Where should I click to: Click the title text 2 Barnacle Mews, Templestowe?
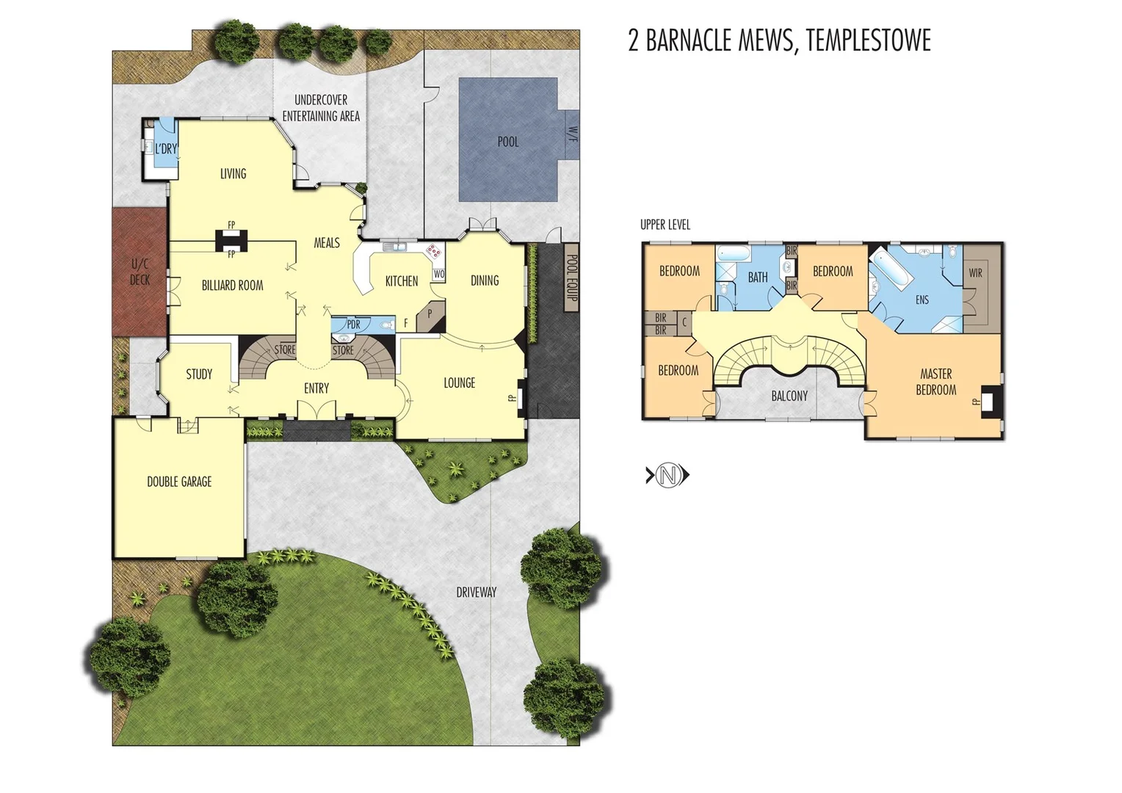pyautogui.click(x=779, y=40)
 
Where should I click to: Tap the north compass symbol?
pyautogui.click(x=667, y=476)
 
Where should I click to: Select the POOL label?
pyautogui.click(x=507, y=142)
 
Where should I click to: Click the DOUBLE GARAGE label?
pyautogui.click(x=179, y=482)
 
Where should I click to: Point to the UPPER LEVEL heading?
pyautogui.click(x=665, y=225)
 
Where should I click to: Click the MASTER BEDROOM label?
pyautogui.click(x=935, y=382)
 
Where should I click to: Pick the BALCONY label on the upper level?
pyautogui.click(x=789, y=396)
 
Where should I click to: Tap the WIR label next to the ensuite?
pyautogui.click(x=975, y=273)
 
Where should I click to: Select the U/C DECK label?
pyautogui.click(x=140, y=272)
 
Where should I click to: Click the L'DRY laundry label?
pyautogui.click(x=167, y=149)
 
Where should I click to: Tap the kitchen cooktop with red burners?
pyautogui.click(x=435, y=252)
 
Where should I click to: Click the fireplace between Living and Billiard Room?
pyautogui.click(x=231, y=240)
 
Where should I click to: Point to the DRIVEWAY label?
pyautogui.click(x=476, y=592)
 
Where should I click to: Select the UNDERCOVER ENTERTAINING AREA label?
pyautogui.click(x=321, y=108)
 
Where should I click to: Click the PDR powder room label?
pyautogui.click(x=353, y=324)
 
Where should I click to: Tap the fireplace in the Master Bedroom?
pyautogui.click(x=989, y=401)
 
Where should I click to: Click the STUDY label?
pyautogui.click(x=199, y=374)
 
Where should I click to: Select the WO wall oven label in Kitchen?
pyautogui.click(x=438, y=274)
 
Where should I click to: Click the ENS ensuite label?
pyautogui.click(x=922, y=300)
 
